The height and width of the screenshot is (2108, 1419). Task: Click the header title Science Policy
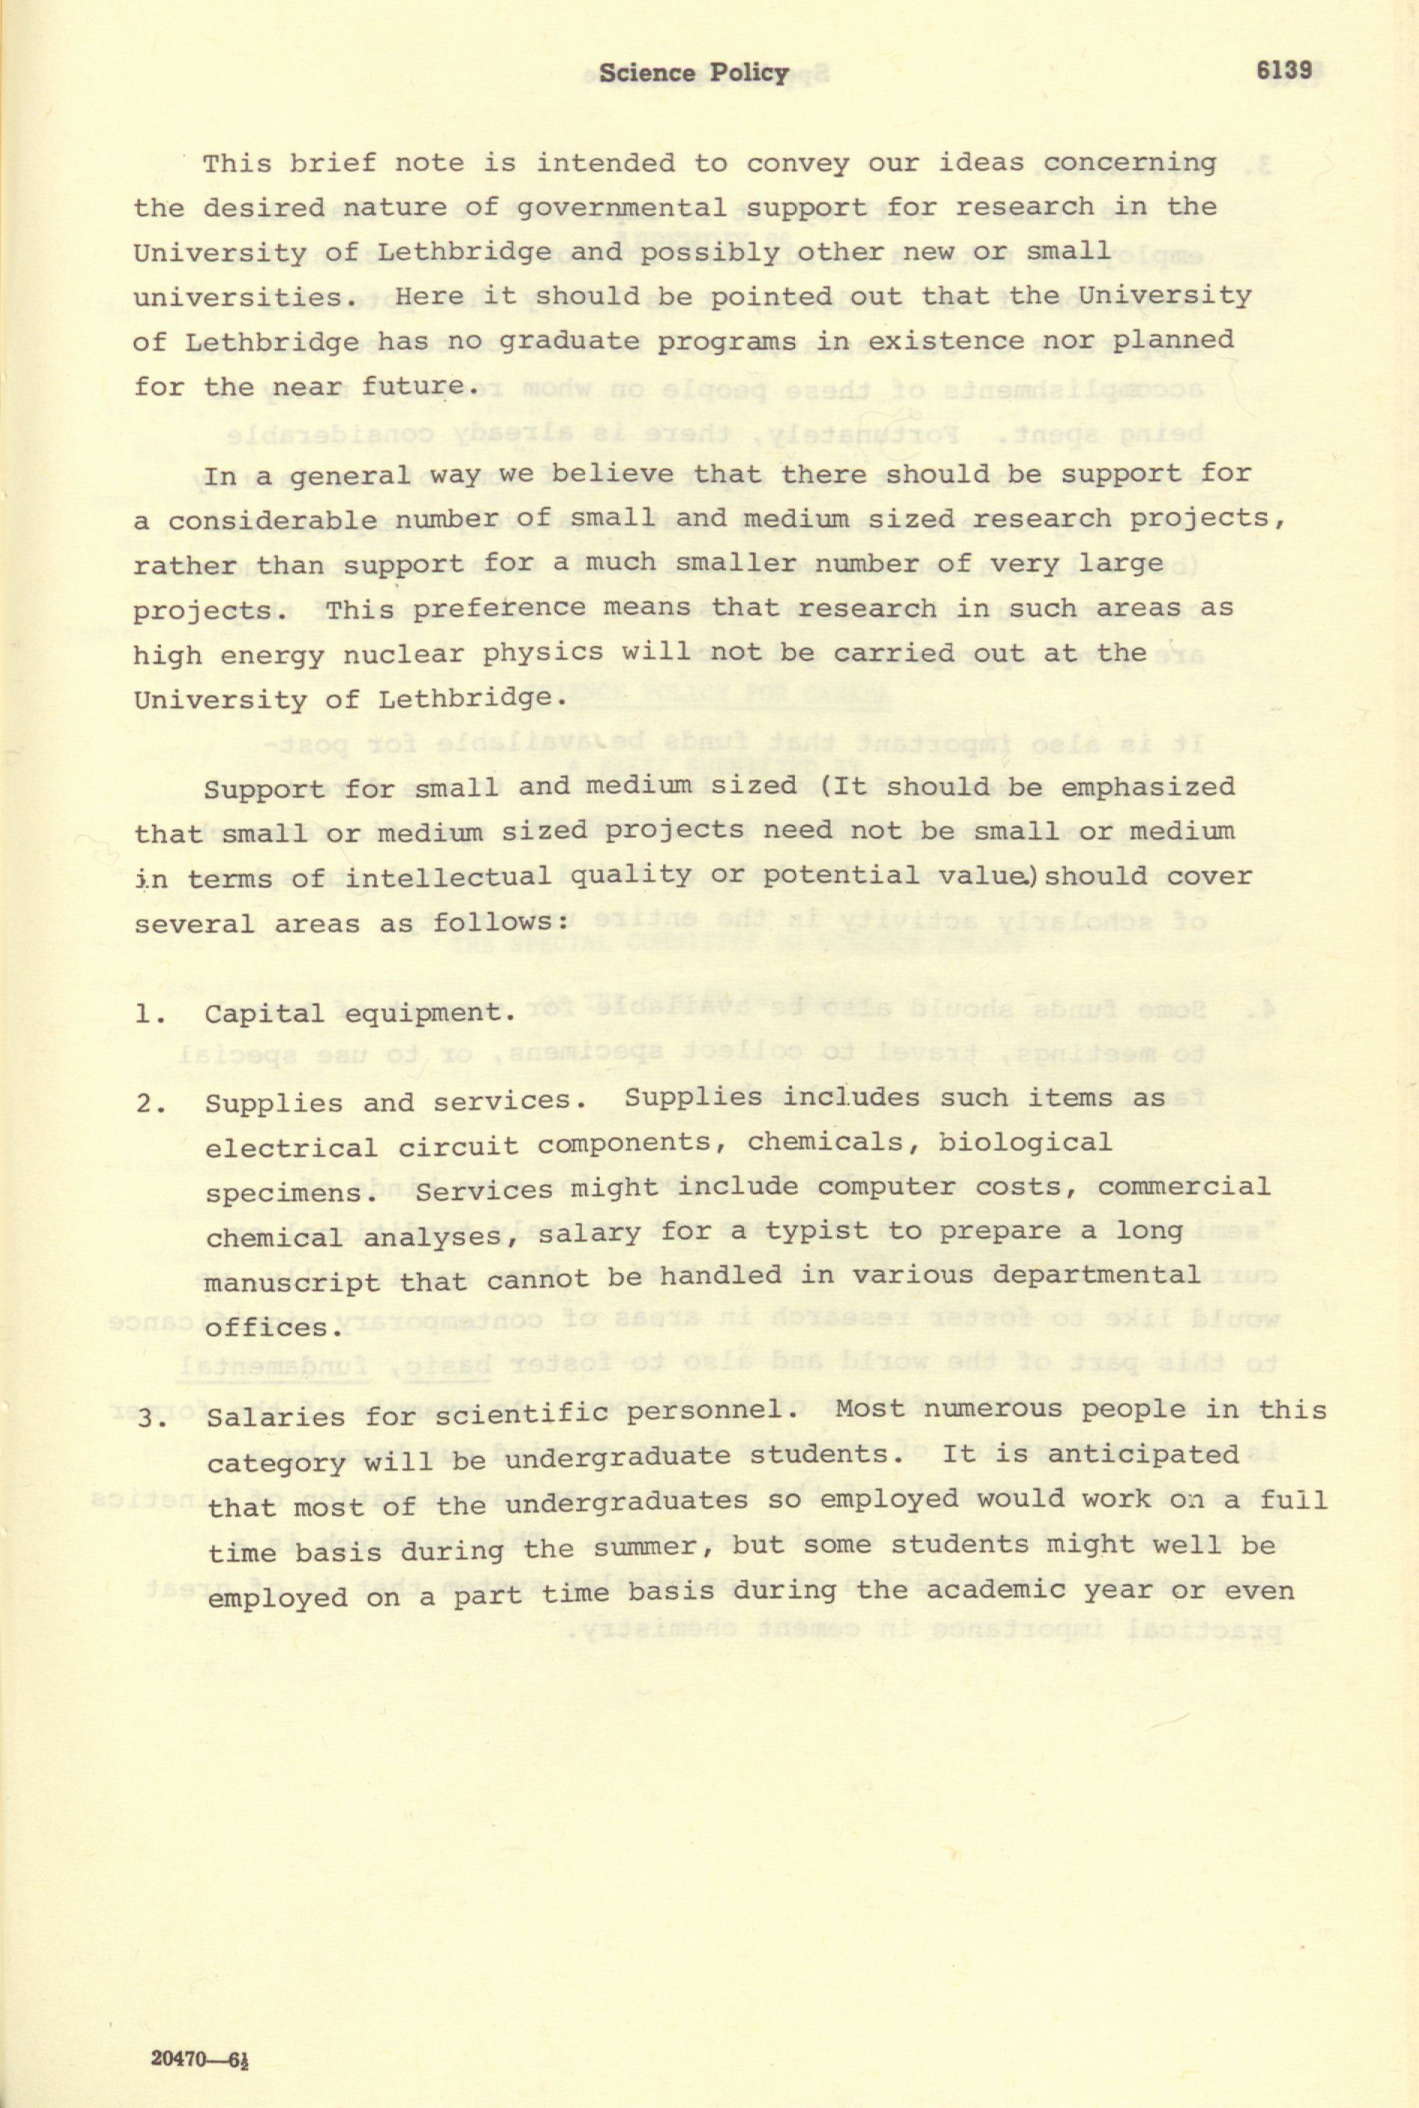coord(693,73)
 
